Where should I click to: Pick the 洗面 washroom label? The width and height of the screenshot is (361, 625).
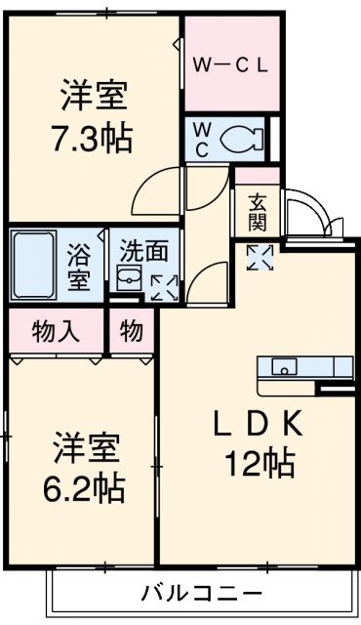coord(142,250)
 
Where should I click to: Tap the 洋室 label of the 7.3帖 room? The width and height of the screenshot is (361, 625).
coord(94,99)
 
